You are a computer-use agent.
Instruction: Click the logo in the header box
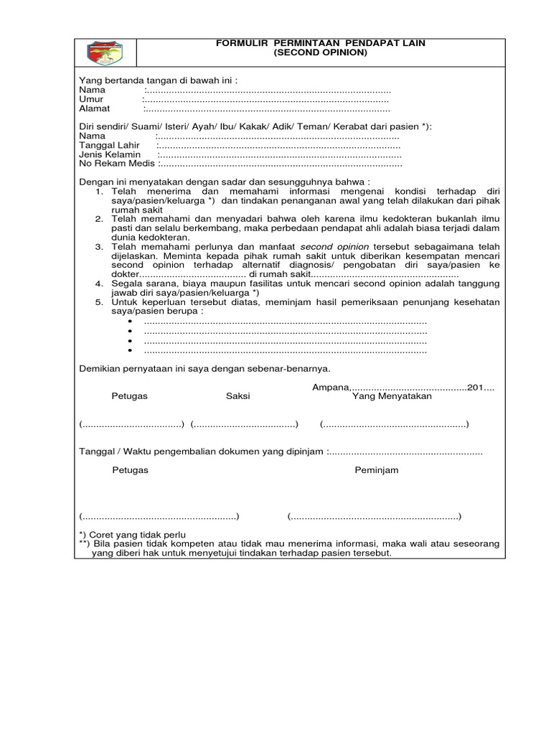click(105, 52)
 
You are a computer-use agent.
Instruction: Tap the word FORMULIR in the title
click(240, 44)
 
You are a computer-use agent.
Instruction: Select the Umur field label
click(91, 99)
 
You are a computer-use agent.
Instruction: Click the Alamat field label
click(95, 109)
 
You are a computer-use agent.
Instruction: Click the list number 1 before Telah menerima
click(100, 192)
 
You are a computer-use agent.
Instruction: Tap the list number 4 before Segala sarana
click(100, 284)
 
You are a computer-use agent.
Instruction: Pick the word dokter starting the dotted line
click(124, 275)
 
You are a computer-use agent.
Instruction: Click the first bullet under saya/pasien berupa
click(131, 322)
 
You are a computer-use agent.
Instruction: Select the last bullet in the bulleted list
click(131, 351)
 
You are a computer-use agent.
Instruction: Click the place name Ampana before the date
click(330, 388)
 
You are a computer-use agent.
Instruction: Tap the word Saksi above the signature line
click(238, 396)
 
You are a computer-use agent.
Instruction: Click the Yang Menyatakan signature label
click(392, 396)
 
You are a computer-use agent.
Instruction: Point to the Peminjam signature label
click(376, 470)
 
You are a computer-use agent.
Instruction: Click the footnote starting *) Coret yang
click(132, 535)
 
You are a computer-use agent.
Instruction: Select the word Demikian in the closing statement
click(100, 368)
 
